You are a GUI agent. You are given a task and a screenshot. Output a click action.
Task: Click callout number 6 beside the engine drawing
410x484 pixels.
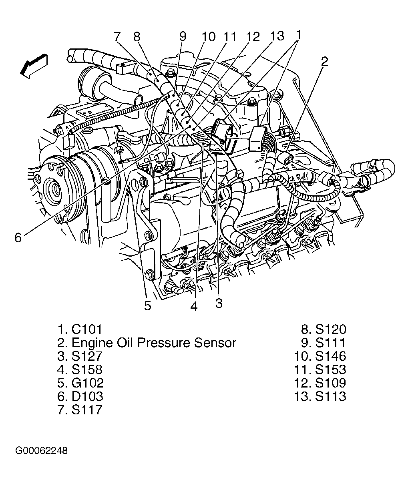pyautogui.click(x=18, y=237)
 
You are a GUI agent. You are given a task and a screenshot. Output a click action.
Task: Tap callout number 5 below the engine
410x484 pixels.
pyautogui.click(x=148, y=306)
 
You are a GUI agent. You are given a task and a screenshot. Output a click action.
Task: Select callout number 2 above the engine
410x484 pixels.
pyautogui.click(x=324, y=61)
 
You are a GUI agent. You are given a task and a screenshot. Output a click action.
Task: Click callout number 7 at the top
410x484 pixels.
pyautogui.click(x=117, y=37)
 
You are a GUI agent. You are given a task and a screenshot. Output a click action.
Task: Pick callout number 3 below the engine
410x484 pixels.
pyautogui.click(x=218, y=303)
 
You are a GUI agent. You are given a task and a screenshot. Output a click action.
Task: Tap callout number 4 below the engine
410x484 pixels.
pyautogui.click(x=194, y=307)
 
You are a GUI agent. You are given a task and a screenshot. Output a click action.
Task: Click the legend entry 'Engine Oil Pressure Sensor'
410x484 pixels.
pyautogui.click(x=153, y=343)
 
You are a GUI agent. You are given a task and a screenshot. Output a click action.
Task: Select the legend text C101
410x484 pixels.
pyautogui.click(x=87, y=329)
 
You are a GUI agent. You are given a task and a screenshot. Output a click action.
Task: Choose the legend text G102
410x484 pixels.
pyautogui.click(x=87, y=383)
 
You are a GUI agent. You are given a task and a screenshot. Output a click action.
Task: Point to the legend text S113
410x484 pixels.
pyautogui.click(x=330, y=396)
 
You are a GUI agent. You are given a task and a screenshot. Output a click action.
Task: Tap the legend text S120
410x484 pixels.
pyautogui.click(x=330, y=329)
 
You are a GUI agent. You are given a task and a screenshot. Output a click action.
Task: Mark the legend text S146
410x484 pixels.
pyautogui.click(x=330, y=356)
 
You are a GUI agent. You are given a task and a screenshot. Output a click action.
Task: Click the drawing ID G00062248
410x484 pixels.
pyautogui.click(x=42, y=451)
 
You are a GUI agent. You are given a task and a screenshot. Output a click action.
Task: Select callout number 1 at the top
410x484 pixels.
pyautogui.click(x=298, y=35)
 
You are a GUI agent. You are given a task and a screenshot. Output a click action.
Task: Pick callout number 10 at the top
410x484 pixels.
pyautogui.click(x=208, y=37)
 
